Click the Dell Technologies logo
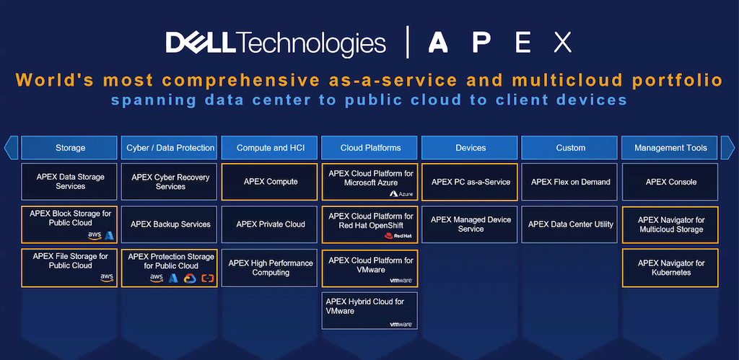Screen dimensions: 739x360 pos(276,43)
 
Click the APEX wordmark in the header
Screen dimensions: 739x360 pos(500,43)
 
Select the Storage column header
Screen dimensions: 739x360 pos(69,147)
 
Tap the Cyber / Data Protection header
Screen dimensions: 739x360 pos(169,147)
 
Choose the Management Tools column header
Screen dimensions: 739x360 pos(670,147)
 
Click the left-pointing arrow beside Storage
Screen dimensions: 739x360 pos(11,147)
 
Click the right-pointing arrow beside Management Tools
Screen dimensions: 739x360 pos(727,147)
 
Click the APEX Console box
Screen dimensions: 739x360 pos(670,182)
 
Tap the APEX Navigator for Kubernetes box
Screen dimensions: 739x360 pos(670,268)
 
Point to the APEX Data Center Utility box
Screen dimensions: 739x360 pos(570,224)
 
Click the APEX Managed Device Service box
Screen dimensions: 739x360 pos(470,224)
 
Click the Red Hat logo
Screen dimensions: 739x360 pos(395,236)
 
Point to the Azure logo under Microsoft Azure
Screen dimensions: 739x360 pos(401,193)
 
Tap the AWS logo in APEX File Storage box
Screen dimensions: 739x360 pos(107,278)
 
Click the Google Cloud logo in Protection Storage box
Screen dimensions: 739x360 pos(190,278)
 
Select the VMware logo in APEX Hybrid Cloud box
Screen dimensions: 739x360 pos(401,324)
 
